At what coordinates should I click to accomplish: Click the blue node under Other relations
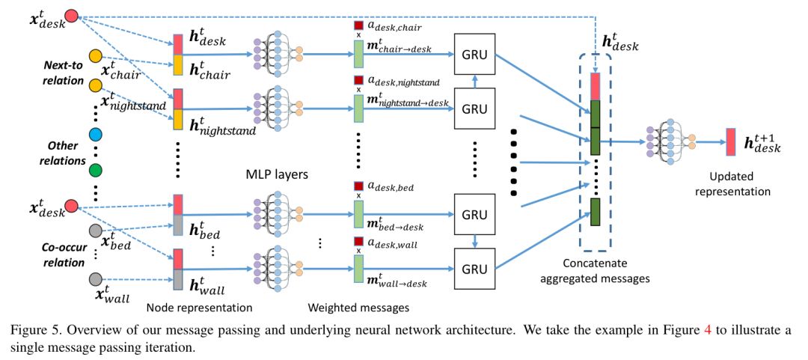click(96, 135)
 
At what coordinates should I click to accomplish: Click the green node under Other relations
click(96, 171)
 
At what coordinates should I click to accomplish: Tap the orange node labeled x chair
click(96, 56)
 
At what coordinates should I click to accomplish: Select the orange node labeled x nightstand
click(96, 85)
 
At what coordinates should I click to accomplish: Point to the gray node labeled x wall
click(96, 279)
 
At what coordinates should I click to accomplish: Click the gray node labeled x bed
click(96, 230)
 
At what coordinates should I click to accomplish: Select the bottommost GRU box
click(475, 266)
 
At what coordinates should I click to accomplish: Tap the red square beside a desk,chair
click(358, 26)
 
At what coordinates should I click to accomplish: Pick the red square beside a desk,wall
click(358, 241)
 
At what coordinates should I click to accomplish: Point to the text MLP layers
click(278, 174)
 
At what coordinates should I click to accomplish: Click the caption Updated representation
click(732, 184)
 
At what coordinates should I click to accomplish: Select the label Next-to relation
click(63, 73)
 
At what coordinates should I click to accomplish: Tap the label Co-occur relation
click(63, 254)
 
